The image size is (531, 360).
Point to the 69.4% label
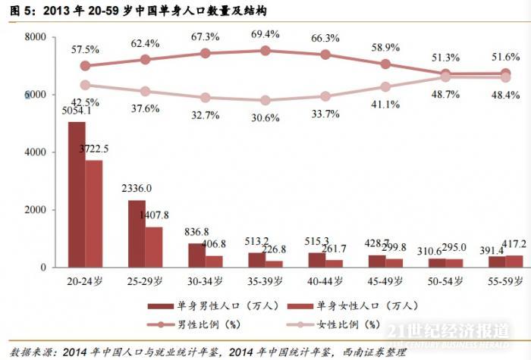coord(265,35)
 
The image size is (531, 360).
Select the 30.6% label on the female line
coord(265,117)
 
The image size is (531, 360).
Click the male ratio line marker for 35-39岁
coord(265,51)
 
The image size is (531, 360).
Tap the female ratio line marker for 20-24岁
coord(85,86)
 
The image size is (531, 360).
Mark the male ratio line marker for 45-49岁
coord(385,64)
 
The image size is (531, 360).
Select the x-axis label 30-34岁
coord(205,280)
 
